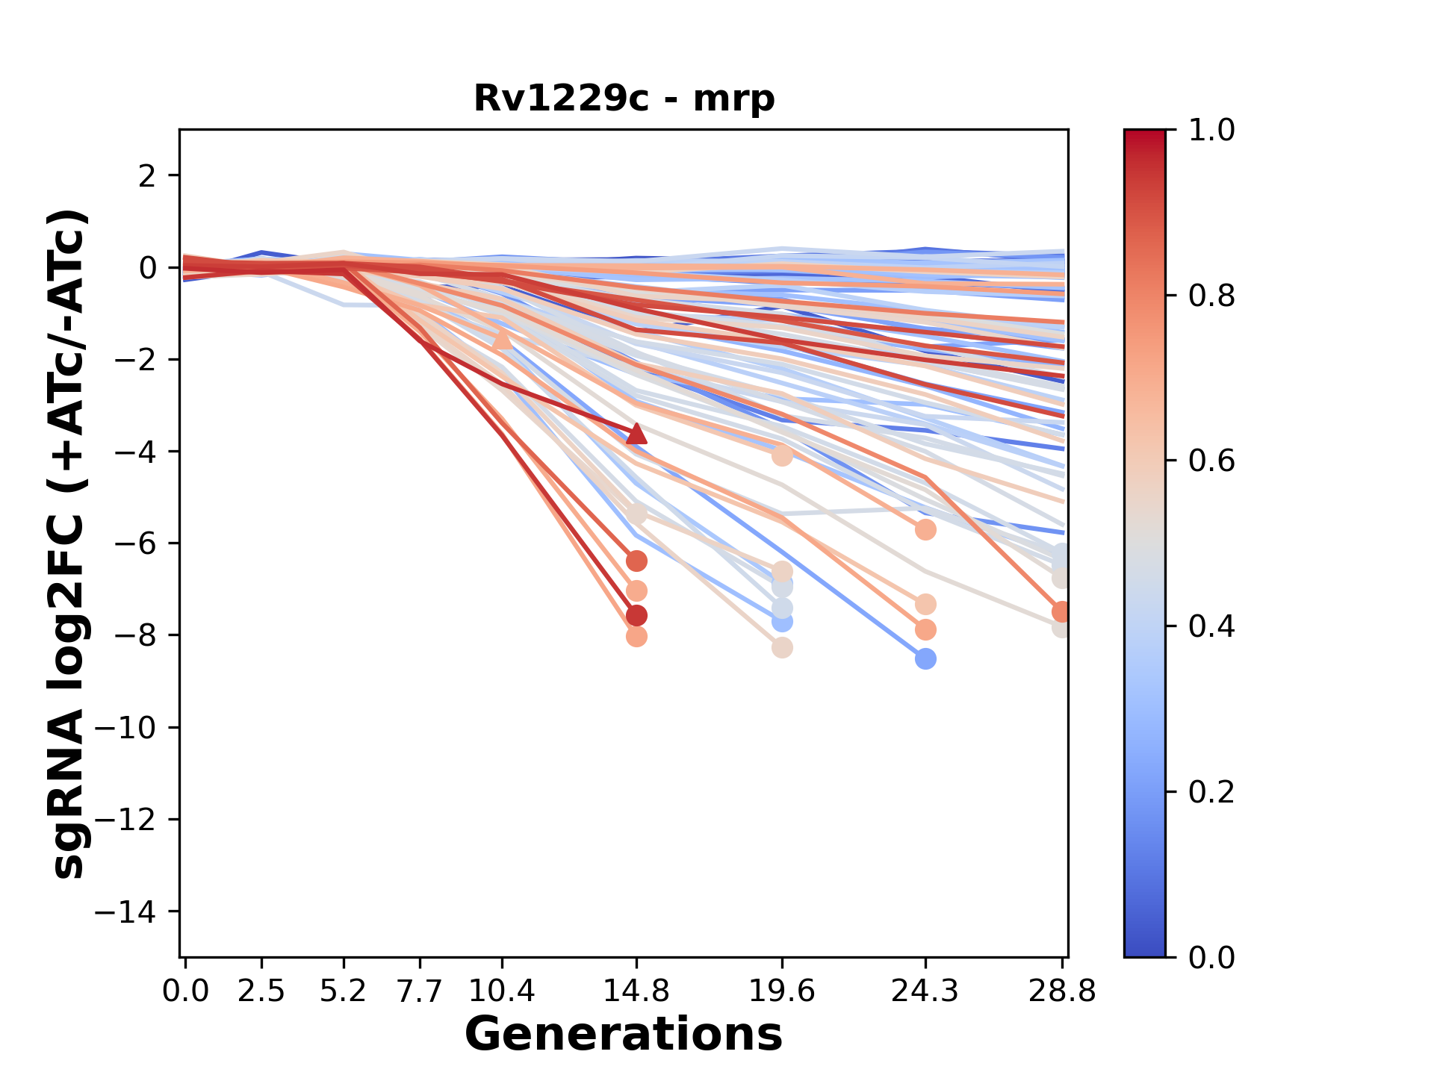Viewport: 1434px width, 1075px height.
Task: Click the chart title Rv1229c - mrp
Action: coord(624,99)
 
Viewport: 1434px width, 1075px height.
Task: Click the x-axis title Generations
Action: coord(624,1035)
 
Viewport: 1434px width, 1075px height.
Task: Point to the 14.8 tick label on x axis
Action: coord(636,991)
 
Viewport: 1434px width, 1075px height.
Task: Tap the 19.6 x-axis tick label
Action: coord(781,991)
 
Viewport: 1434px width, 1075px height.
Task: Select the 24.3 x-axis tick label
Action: coord(925,991)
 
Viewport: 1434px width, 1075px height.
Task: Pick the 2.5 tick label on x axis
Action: coord(261,991)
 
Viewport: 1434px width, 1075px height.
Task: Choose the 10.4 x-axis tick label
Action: coord(502,991)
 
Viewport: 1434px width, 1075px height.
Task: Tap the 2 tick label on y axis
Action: coord(148,176)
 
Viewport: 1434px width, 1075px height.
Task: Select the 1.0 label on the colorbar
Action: coord(1211,131)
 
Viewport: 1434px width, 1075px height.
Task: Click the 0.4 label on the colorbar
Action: coord(1211,626)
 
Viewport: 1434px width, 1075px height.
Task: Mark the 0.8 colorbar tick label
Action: coord(1211,296)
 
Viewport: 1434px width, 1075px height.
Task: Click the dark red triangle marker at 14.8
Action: coord(636,434)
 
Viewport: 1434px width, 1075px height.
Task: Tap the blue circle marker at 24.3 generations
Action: coord(925,659)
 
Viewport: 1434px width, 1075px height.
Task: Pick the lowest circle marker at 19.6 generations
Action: coord(782,648)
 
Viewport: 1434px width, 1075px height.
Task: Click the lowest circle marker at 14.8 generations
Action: coord(636,637)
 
